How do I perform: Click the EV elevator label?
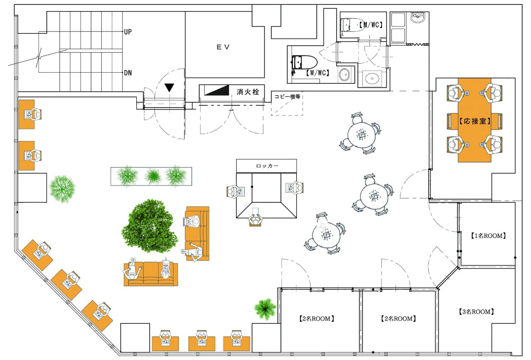(223, 47)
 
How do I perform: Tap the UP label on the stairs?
(128, 31)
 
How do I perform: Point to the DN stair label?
(128, 73)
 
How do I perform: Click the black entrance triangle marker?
(169, 88)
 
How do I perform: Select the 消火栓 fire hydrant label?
(248, 92)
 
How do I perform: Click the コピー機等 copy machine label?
(287, 96)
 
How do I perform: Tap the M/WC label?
(371, 25)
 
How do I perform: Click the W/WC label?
(317, 73)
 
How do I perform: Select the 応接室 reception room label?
(474, 121)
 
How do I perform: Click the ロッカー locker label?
(267, 166)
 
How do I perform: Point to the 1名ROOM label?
(488, 236)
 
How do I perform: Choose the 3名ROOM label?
(476, 312)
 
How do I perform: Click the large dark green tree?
(150, 226)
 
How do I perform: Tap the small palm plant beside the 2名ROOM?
(265, 309)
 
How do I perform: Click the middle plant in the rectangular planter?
(153, 176)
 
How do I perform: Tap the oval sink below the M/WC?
(371, 78)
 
